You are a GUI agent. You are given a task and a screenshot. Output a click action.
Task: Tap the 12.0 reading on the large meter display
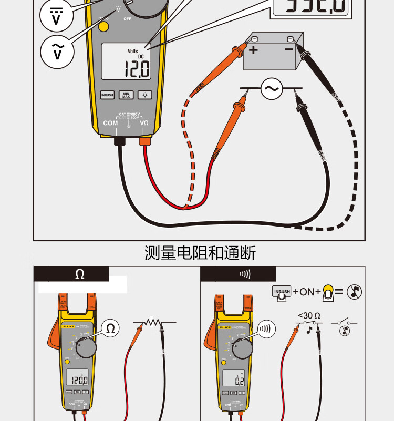(136, 68)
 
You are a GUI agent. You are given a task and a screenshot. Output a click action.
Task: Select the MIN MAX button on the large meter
(126, 95)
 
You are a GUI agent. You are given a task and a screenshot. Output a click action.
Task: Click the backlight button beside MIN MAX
(144, 95)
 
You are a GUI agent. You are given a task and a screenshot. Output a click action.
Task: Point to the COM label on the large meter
(110, 123)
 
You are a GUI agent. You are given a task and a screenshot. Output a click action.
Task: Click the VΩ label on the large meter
(144, 123)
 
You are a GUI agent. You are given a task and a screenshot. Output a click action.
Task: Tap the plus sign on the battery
(254, 50)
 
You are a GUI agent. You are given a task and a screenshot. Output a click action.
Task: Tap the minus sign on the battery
(288, 49)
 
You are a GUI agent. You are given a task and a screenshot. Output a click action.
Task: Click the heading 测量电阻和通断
(200, 253)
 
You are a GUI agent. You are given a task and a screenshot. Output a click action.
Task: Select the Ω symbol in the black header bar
(79, 274)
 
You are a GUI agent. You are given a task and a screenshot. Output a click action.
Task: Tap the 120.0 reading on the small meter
(80, 380)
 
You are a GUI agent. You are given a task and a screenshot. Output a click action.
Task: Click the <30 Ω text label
(309, 316)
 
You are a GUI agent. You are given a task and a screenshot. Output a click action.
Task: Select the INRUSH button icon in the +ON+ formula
(282, 292)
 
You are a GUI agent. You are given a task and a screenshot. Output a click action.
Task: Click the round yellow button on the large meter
(104, 26)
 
